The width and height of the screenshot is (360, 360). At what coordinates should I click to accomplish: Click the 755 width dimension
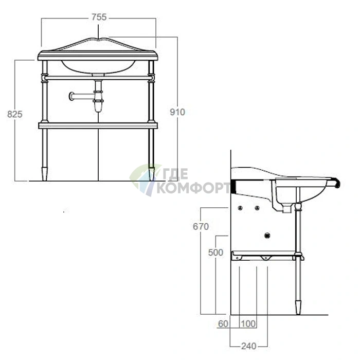click(99, 17)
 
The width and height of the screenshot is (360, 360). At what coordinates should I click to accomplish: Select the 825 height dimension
click(15, 114)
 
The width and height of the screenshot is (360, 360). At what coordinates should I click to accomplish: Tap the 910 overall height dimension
click(177, 112)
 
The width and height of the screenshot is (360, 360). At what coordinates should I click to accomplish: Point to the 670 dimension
click(201, 227)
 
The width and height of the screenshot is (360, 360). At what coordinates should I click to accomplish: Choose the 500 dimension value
click(215, 253)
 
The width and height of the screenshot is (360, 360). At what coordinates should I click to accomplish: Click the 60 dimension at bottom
click(223, 323)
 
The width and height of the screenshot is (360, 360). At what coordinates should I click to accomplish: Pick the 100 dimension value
click(248, 323)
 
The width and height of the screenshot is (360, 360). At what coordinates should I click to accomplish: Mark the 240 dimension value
click(248, 346)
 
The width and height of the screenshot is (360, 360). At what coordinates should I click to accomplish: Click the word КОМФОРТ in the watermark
click(193, 188)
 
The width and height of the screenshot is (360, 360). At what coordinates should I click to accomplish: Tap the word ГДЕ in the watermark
click(175, 174)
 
